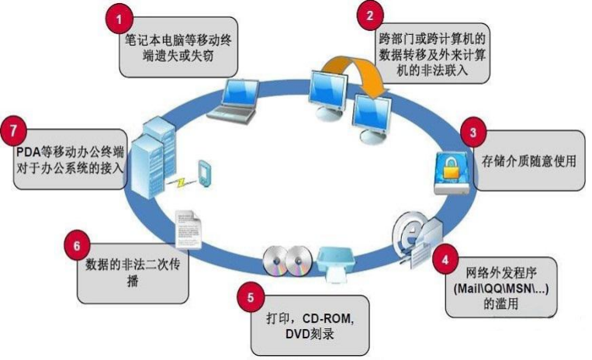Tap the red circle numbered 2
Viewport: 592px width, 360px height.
click(370, 14)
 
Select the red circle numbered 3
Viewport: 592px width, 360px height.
click(473, 132)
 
